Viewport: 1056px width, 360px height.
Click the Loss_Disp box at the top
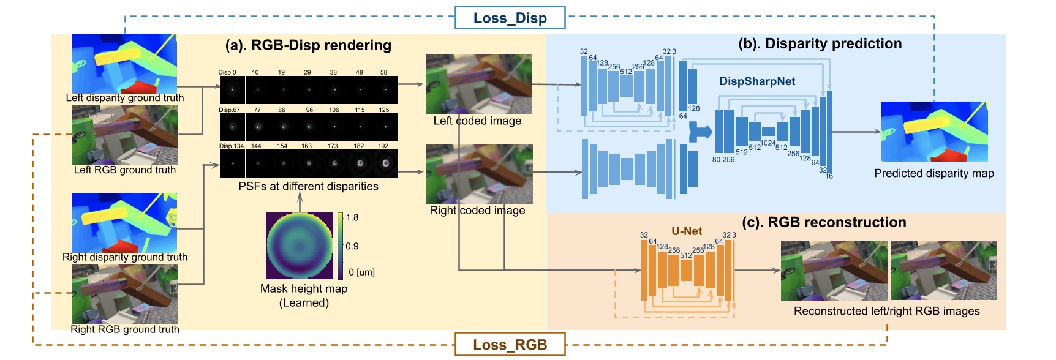[510, 18]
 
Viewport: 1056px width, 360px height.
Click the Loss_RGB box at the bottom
[510, 344]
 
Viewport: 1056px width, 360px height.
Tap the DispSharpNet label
[757, 81]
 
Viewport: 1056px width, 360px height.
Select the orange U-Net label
[687, 231]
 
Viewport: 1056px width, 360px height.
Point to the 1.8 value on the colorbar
[352, 217]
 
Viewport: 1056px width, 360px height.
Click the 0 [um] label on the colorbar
[361, 272]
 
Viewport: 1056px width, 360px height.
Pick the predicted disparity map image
[934, 132]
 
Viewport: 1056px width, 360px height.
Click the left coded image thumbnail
[478, 84]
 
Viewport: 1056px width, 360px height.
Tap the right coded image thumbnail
[479, 174]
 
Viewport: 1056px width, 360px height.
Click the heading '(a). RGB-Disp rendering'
[308, 45]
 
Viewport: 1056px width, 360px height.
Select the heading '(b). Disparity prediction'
[820, 43]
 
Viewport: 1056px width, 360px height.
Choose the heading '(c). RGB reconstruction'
[824, 222]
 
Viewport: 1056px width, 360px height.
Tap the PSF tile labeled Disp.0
[232, 90]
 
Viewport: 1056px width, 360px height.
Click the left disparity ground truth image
[124, 63]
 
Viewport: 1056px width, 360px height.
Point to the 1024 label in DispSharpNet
[767, 143]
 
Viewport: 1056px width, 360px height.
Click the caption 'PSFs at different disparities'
[308, 187]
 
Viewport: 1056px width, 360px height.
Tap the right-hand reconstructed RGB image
[944, 270]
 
